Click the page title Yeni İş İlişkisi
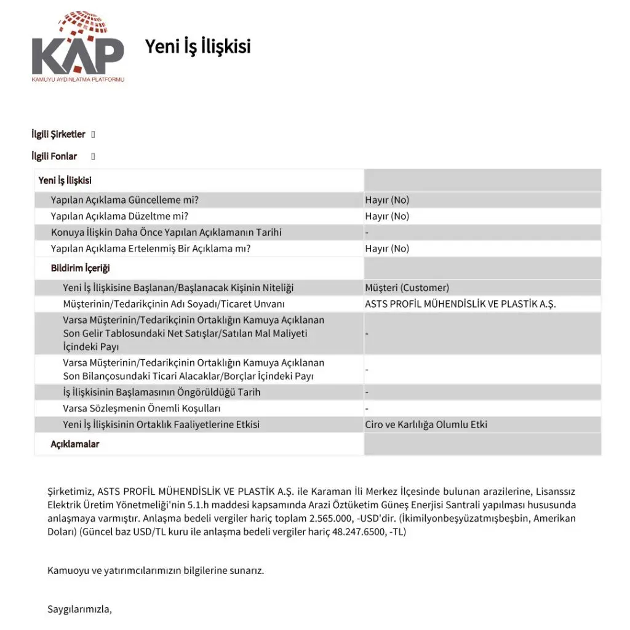197,46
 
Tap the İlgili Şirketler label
58,134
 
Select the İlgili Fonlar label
54,156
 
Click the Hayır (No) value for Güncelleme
387,200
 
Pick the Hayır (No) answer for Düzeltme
387,216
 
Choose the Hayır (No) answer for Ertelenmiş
387,249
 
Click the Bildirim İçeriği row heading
80,268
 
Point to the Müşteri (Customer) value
407,287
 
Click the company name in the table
460,304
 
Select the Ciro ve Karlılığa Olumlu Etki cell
426,425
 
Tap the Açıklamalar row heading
74,444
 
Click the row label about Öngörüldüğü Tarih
161,392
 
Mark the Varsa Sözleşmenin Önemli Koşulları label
142,409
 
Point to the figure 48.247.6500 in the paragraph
349,532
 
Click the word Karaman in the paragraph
335,492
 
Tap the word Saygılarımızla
79,610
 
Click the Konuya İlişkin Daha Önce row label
166,233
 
